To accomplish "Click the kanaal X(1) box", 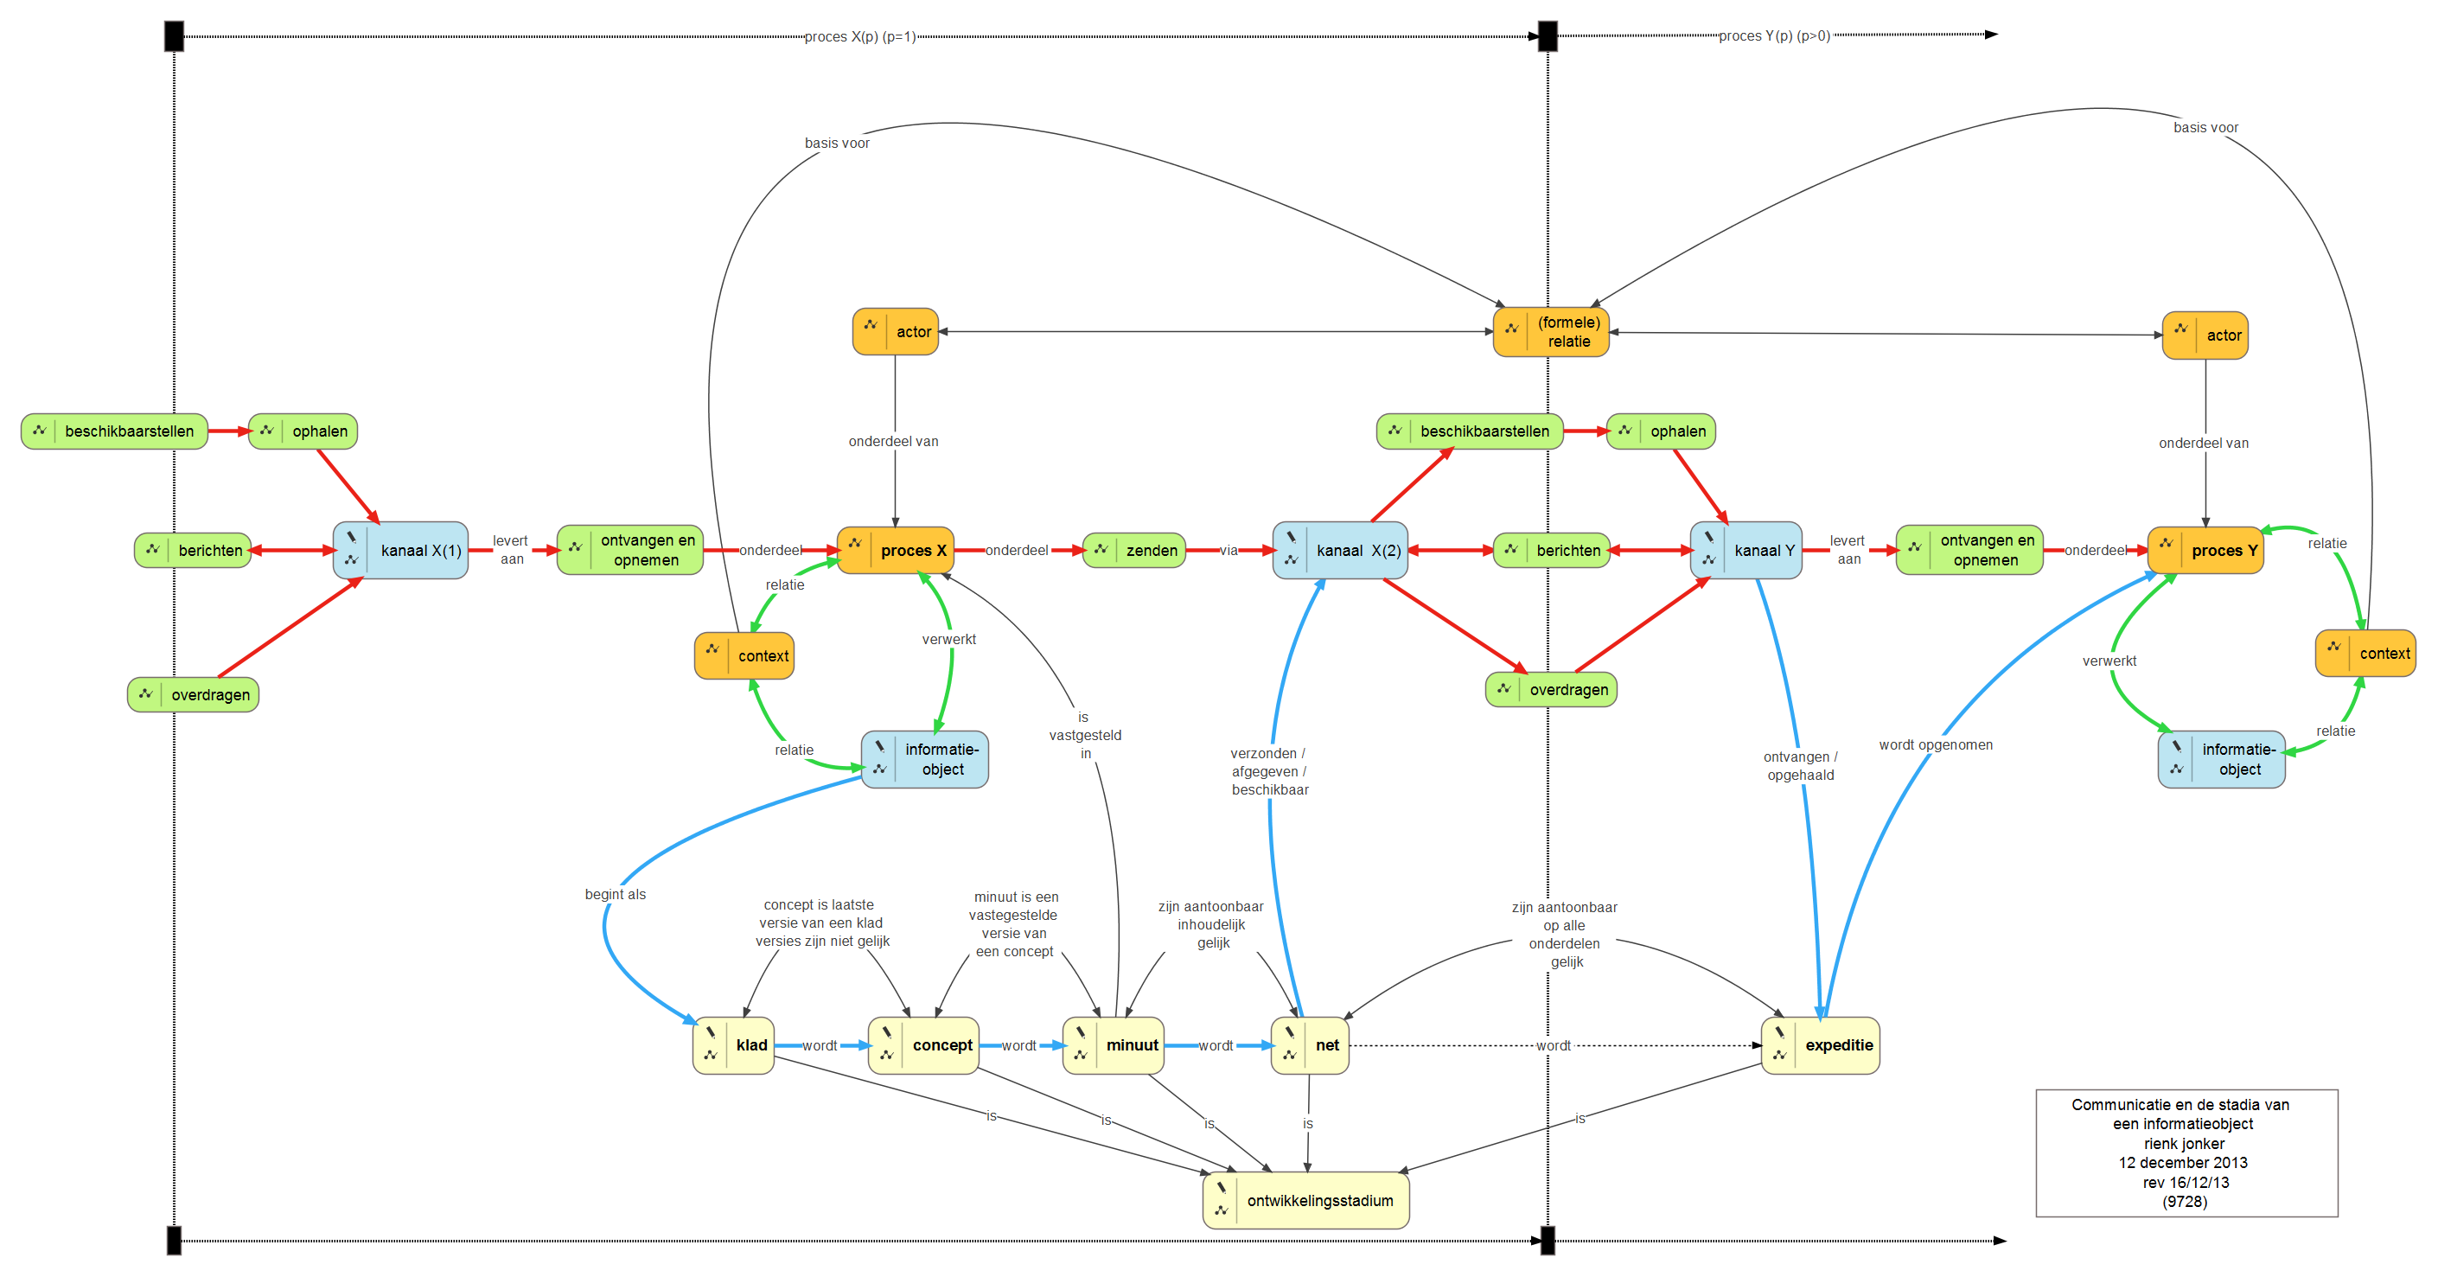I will point(400,550).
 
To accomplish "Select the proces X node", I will point(896,550).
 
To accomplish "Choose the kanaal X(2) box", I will point(1340,550).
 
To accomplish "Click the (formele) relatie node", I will point(1550,332).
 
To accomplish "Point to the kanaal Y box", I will point(1746,550).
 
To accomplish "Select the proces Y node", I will point(2205,550).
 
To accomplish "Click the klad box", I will point(733,1045).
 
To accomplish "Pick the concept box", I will point(923,1045).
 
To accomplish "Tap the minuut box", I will point(1113,1045).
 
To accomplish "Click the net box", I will point(1310,1045).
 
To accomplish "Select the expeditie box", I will point(1820,1045).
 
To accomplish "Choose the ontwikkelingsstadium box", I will point(1306,1200).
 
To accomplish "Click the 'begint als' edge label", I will point(616,895).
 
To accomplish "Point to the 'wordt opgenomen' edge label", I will point(1936,745).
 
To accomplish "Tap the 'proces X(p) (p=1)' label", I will point(859,37).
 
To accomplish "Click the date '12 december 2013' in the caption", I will point(2182,1163).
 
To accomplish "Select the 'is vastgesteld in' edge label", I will point(1085,736).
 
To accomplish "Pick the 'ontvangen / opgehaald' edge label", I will point(1800,766).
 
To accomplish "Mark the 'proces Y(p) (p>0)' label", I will point(1774,36).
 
